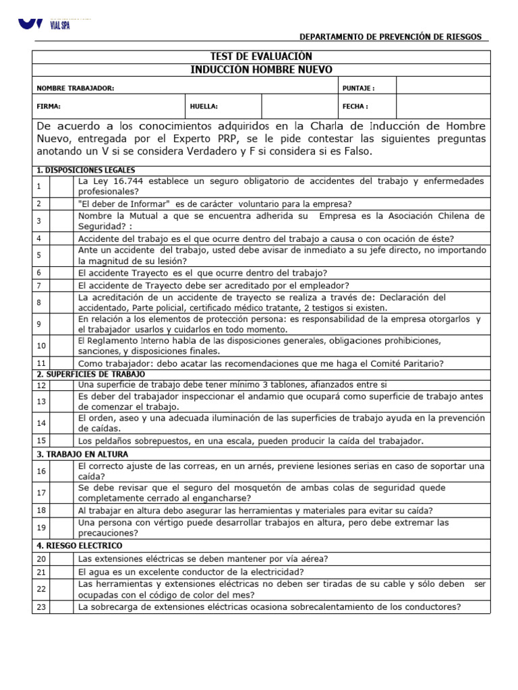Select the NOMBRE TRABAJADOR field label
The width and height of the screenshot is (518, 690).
[x=76, y=88]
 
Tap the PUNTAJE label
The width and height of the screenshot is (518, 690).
[x=359, y=88]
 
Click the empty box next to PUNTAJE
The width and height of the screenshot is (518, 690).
[x=442, y=87]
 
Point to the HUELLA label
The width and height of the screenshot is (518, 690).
[x=204, y=106]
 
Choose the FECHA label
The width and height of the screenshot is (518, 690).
[x=355, y=106]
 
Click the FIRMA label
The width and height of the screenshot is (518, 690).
[x=49, y=106]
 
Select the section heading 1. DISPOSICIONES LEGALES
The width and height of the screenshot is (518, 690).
[x=86, y=170]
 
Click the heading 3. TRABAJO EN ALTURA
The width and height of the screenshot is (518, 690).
[x=82, y=454]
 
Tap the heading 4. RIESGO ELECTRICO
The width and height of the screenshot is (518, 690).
[x=80, y=545]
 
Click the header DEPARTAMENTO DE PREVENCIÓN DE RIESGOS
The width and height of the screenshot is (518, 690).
[x=391, y=36]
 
